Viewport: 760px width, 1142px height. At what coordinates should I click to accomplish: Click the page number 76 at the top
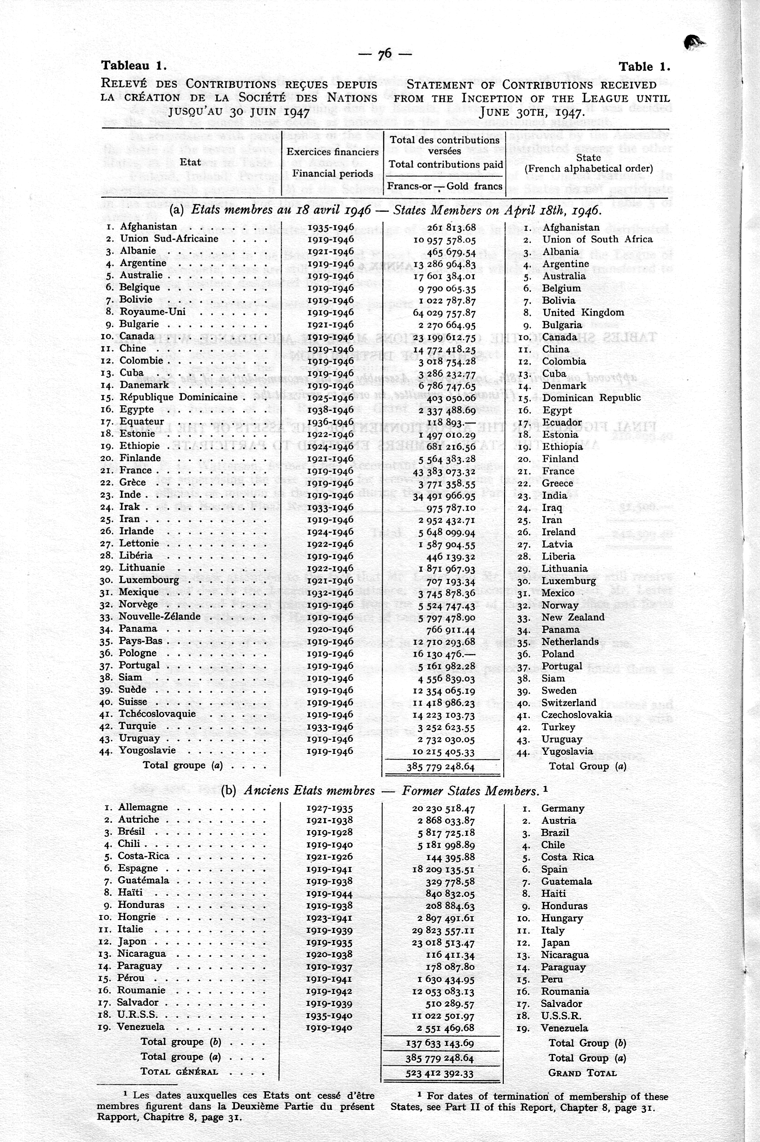click(385, 54)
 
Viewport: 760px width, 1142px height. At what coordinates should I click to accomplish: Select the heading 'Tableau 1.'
click(134, 66)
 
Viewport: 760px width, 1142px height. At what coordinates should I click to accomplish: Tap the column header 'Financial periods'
click(333, 174)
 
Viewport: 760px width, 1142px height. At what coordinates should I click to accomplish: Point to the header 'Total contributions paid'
click(446, 164)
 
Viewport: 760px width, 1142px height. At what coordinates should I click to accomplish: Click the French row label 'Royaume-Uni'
click(153, 312)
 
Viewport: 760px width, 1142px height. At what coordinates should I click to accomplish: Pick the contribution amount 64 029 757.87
click(444, 313)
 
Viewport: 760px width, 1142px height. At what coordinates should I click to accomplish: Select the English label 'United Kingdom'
click(583, 313)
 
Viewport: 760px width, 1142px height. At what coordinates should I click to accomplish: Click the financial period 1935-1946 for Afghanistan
click(331, 227)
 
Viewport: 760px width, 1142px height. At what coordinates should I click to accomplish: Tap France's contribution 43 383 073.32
click(444, 472)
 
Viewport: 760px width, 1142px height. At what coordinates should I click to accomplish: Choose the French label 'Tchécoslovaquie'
click(158, 714)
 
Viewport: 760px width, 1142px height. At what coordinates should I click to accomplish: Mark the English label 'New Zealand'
click(573, 618)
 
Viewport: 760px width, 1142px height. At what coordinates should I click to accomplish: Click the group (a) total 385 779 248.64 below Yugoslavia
click(440, 767)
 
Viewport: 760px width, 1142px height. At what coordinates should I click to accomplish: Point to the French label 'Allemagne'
click(143, 807)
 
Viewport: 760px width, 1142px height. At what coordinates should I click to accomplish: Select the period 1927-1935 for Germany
click(330, 808)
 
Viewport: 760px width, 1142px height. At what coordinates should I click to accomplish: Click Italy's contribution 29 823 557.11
click(443, 931)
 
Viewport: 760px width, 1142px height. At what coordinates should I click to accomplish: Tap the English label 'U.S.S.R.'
click(561, 1016)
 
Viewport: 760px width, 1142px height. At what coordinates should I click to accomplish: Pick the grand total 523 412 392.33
click(440, 1074)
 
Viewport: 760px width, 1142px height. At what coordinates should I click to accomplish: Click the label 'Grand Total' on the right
click(582, 1073)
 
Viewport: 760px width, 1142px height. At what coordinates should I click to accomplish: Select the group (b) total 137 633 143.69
click(440, 1043)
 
